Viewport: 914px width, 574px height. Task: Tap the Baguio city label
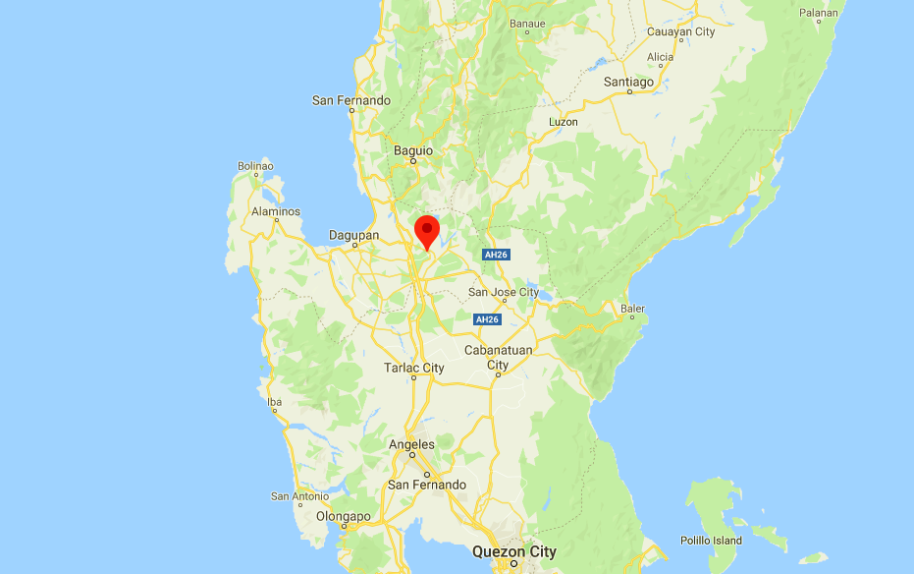click(x=412, y=150)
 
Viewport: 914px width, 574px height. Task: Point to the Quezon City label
click(x=513, y=551)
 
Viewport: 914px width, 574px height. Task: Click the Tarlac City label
click(x=413, y=368)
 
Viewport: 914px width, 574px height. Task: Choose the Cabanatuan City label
click(x=498, y=357)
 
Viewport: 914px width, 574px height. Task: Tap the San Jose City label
click(x=504, y=292)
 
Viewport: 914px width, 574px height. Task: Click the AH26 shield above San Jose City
click(x=495, y=255)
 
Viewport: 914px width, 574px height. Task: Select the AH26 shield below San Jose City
click(x=487, y=319)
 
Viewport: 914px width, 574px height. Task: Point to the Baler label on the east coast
click(x=632, y=309)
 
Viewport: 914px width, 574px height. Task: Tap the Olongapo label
click(x=344, y=516)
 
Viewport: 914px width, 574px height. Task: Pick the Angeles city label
click(x=411, y=444)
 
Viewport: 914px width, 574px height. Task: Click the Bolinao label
click(x=255, y=166)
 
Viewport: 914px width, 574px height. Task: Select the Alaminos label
click(x=275, y=211)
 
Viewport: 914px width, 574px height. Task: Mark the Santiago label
click(x=628, y=82)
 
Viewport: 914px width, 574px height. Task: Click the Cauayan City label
click(x=680, y=31)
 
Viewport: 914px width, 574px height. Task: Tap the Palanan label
click(x=819, y=13)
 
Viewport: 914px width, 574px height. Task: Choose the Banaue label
click(x=526, y=24)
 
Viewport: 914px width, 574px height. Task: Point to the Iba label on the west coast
click(x=275, y=402)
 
